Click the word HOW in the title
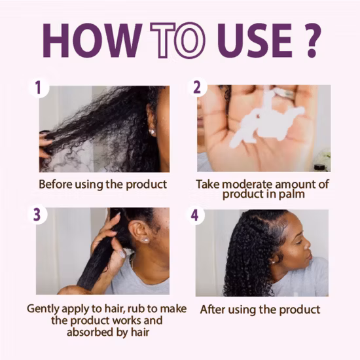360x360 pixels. pyautogui.click(x=92, y=41)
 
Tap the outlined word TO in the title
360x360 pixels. pyautogui.click(x=177, y=41)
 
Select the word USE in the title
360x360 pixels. pyautogui.click(x=255, y=41)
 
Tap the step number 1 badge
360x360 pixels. pyautogui.click(x=39, y=88)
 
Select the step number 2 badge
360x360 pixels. pyautogui.click(x=197, y=87)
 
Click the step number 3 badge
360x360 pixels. pyautogui.click(x=37, y=215)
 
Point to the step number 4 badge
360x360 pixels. pyautogui.click(x=195, y=215)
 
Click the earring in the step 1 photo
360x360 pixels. pyautogui.click(x=152, y=132)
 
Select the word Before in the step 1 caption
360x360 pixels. pyautogui.click(x=56, y=185)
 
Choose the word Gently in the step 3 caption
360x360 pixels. pyautogui.click(x=43, y=309)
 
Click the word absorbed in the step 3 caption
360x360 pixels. pyautogui.click(x=90, y=333)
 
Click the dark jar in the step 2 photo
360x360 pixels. pyautogui.click(x=319, y=167)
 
